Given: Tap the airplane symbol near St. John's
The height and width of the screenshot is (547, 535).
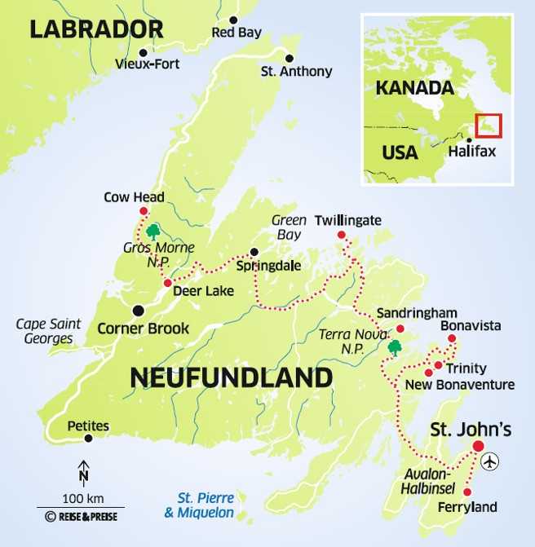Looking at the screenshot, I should [x=489, y=461].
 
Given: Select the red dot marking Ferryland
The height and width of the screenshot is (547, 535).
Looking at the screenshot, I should [x=466, y=492].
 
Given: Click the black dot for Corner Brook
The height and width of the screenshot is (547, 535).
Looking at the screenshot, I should [x=138, y=310].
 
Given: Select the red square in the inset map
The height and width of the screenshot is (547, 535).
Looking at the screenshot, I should [x=489, y=126].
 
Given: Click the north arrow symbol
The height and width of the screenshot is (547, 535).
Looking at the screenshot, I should [x=83, y=472].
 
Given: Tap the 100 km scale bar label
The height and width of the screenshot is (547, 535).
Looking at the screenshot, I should [x=83, y=498].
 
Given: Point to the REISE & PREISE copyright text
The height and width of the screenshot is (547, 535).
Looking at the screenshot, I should [x=84, y=516].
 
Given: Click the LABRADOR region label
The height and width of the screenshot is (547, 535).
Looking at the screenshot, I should [x=95, y=29].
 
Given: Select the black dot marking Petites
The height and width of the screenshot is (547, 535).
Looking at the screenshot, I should [x=88, y=439].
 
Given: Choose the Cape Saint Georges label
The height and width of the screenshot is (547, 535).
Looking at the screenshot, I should [x=45, y=331].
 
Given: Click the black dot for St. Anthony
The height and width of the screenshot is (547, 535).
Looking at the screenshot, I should [x=289, y=57].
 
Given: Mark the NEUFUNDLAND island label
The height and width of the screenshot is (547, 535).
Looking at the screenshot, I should [x=231, y=377].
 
